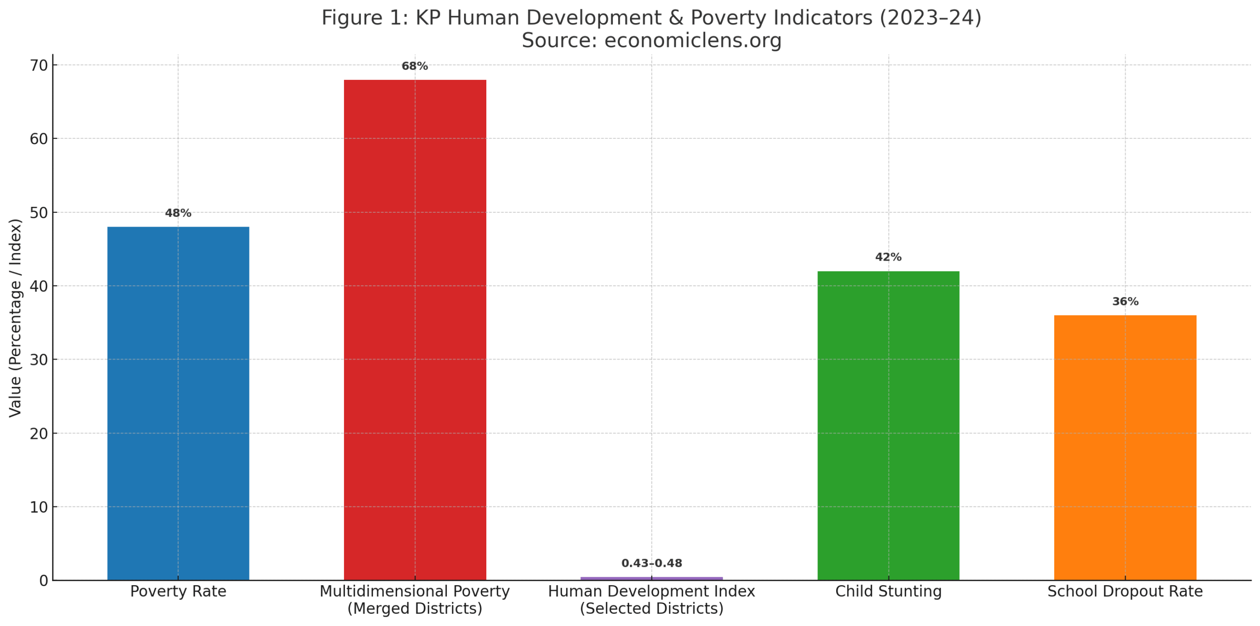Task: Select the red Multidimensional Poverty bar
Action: (x=414, y=329)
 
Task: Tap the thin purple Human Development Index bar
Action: (x=651, y=578)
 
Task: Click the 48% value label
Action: (x=178, y=213)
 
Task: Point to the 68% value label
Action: (x=414, y=66)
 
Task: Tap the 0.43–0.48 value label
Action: (x=651, y=563)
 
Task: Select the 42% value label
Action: (x=888, y=257)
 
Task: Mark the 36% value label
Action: (x=1125, y=301)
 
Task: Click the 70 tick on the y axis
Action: (x=39, y=66)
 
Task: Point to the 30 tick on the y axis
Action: (x=39, y=360)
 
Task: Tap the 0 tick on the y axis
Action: (x=44, y=581)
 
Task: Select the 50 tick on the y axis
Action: (x=39, y=213)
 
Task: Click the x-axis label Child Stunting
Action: (x=888, y=591)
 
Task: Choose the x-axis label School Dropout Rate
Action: (x=1125, y=591)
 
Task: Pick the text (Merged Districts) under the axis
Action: (x=414, y=608)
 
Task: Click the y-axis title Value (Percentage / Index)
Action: (x=15, y=318)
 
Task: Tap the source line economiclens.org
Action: (x=651, y=40)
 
